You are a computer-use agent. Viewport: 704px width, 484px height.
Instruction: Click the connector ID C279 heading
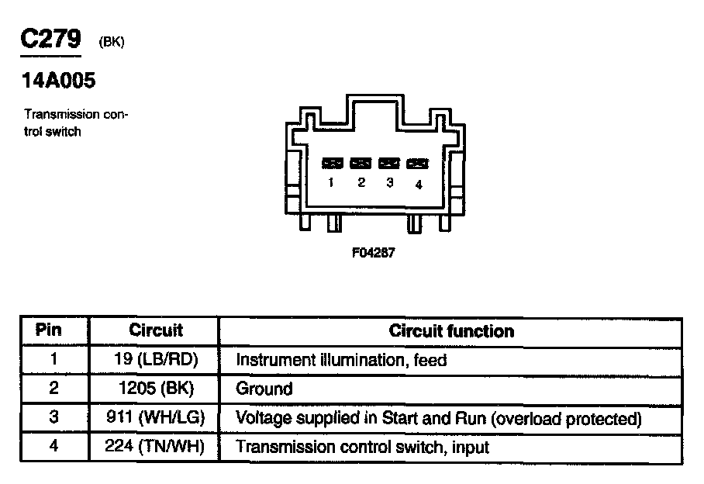point(50,39)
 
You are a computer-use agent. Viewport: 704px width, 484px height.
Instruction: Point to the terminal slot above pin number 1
point(333,163)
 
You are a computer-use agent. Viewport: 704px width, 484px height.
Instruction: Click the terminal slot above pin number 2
point(361,163)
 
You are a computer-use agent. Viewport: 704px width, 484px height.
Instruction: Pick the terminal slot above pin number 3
point(389,163)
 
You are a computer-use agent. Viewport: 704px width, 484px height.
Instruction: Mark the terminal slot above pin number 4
point(418,163)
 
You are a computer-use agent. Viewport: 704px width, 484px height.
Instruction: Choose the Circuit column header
point(155,330)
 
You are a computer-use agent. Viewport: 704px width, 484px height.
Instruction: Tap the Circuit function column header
point(451,330)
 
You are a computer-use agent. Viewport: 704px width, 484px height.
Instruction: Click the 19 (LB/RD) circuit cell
point(156,360)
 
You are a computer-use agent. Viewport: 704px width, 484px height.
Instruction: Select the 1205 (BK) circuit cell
point(156,389)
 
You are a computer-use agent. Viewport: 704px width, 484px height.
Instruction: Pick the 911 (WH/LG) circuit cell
point(156,418)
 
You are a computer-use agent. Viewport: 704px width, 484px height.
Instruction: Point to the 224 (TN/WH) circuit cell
point(156,448)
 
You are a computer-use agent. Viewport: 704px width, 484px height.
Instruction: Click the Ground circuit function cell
point(264,389)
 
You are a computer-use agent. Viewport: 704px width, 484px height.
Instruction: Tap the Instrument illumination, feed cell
point(341,360)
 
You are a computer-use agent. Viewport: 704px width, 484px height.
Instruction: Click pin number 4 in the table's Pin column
point(53,448)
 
